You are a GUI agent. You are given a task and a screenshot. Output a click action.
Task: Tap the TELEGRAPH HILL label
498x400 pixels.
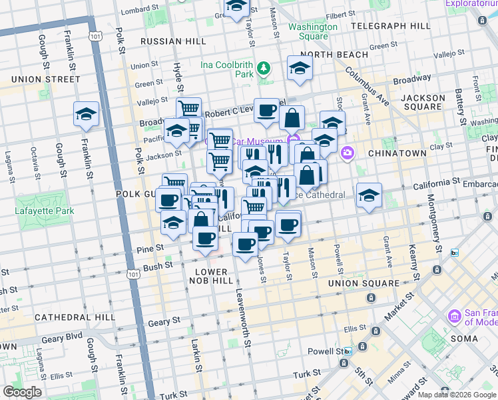click(390, 26)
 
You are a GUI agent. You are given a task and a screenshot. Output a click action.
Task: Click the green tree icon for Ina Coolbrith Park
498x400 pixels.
click(264, 67)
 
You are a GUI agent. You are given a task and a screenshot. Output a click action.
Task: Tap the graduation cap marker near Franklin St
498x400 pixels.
click(86, 115)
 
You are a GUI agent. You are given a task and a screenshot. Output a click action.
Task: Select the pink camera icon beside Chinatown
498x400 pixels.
click(347, 154)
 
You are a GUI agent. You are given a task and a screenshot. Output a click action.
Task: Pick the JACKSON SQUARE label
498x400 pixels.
click(423, 102)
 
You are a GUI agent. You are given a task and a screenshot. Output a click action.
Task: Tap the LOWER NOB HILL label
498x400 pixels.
click(211, 277)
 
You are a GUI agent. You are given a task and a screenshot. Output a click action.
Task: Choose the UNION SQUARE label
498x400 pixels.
click(364, 283)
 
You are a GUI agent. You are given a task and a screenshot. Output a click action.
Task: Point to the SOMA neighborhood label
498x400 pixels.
click(463, 338)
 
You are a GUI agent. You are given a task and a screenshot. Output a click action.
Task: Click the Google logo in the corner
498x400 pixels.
click(22, 392)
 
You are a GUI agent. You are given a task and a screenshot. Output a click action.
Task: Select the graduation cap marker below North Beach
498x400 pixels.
click(300, 69)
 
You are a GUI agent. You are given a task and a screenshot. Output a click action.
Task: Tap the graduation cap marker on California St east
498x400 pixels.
click(369, 196)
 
